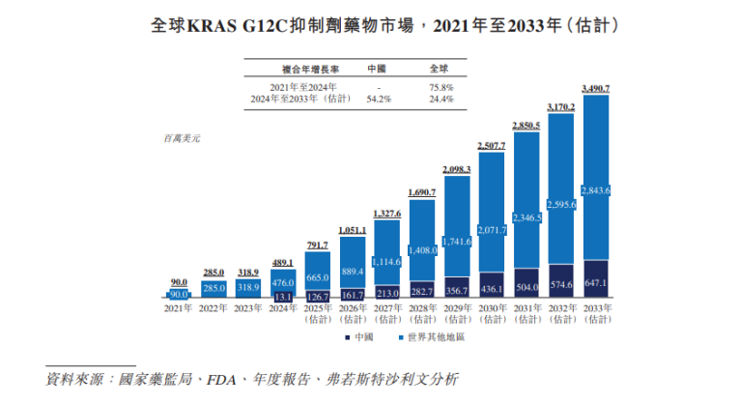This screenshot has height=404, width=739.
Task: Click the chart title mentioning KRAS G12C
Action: [368, 21]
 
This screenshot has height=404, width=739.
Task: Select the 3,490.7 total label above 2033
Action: [596, 88]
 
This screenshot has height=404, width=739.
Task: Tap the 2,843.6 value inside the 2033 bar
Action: [596, 189]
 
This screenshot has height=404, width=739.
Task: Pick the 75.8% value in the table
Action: [441, 87]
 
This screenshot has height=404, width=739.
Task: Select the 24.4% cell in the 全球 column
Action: [441, 99]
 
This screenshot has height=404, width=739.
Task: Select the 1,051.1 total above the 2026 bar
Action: [354, 230]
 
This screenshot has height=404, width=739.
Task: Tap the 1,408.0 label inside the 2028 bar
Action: [423, 250]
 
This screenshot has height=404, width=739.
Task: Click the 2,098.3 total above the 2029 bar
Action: [457, 169]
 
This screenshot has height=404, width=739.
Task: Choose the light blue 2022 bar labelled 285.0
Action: [213, 288]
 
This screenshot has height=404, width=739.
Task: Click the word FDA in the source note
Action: [223, 378]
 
